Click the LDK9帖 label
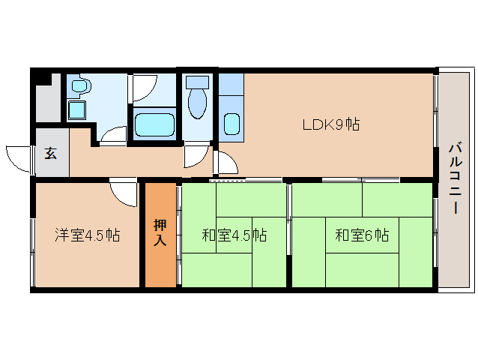point(330,125)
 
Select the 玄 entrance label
point(50,153)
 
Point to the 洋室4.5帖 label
point(87,235)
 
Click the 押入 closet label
point(160,232)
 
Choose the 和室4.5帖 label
point(234,235)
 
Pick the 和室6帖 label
point(361,235)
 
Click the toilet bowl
point(198,104)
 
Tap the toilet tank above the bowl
point(198,81)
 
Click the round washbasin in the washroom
point(79,86)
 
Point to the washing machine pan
point(77,110)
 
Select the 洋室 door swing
point(122,192)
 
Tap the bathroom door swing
point(143,88)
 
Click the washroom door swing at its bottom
point(115,135)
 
